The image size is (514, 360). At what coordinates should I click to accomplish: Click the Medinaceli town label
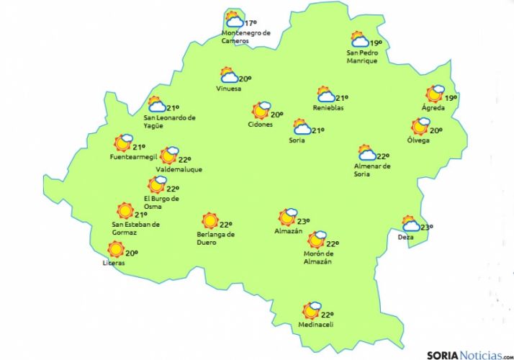[316, 325]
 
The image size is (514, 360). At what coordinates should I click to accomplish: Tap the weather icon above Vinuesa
[229, 76]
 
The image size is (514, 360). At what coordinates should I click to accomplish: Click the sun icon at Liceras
[115, 250]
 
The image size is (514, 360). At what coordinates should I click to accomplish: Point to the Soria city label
[296, 140]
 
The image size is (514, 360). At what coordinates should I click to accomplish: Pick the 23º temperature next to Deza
[426, 228]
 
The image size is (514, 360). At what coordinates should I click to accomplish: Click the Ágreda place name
[433, 109]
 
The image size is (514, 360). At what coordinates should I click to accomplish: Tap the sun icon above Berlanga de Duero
[210, 221]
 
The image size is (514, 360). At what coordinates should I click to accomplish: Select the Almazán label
[288, 231]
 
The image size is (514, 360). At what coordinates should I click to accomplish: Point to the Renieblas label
[328, 108]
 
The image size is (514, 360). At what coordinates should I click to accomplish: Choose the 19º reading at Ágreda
[451, 98]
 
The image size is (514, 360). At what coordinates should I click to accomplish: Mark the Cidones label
[260, 125]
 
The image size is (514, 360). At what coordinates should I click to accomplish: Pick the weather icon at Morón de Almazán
[317, 240]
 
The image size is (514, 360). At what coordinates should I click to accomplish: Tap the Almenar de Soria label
[371, 170]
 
